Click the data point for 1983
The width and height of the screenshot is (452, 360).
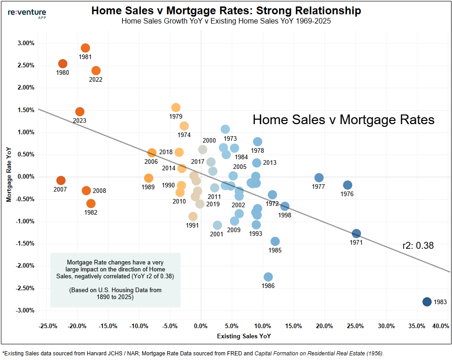427,301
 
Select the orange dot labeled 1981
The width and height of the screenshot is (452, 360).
85,48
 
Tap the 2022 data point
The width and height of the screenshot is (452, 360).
96,71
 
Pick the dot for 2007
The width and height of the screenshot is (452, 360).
61,180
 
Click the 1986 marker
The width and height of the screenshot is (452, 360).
268,277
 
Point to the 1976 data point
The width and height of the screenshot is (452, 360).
348,185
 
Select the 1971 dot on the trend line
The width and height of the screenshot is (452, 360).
356,234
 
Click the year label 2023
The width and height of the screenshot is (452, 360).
79,120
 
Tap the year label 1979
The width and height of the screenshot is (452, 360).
176,116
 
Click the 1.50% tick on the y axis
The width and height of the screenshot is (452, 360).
26,110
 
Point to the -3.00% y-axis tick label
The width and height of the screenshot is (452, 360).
25,310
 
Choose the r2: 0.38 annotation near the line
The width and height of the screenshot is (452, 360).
418,246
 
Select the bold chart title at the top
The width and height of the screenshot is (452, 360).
226,11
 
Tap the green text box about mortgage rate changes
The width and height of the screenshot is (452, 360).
115,280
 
